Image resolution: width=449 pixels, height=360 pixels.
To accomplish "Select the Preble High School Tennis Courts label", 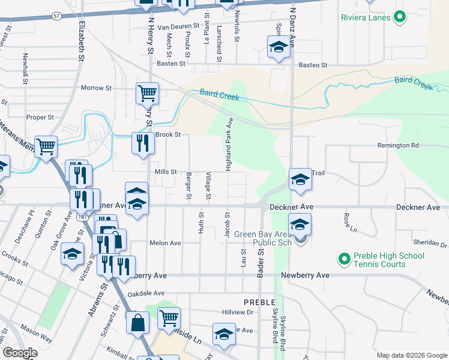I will (x=389, y=260).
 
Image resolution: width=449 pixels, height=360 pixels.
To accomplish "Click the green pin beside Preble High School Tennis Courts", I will (x=343, y=259).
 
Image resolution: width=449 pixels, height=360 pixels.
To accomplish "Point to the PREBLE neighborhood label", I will (x=259, y=302).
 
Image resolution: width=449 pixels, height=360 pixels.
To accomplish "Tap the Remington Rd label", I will (x=398, y=145).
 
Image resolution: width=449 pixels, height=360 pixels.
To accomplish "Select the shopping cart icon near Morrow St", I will (x=147, y=93).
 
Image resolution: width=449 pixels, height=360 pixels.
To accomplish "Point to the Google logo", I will (x=20, y=353).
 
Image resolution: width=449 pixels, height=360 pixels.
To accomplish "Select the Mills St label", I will (x=166, y=172).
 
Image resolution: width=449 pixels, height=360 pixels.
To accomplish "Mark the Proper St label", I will (x=40, y=117).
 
